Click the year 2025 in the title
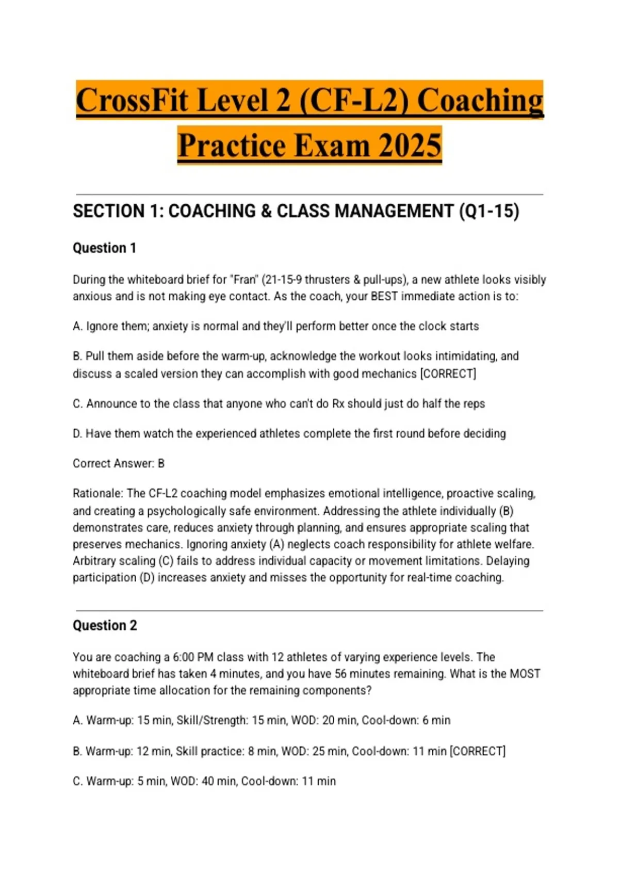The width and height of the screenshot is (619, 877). (410, 145)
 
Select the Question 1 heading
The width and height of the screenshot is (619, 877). (104, 248)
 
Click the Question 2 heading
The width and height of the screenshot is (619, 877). (105, 625)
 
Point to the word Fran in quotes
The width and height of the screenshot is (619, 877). (245, 280)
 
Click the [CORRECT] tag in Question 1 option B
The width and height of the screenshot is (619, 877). (448, 373)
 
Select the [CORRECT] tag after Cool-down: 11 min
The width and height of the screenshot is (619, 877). (478, 751)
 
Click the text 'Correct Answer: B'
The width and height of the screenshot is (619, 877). (119, 463)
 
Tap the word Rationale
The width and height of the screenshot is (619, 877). (97, 493)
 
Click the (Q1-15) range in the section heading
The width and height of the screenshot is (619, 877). (489, 211)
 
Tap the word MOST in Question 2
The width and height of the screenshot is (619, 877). (525, 674)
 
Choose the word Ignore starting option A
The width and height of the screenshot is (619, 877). (102, 326)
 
